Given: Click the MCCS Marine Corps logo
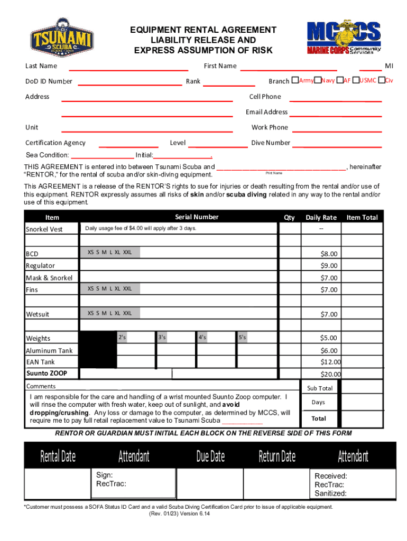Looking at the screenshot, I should [x=344, y=38].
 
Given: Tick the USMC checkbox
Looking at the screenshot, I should [x=356, y=80].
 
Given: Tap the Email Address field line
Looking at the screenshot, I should [x=336, y=116].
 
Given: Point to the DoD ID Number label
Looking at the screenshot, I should [x=49, y=81].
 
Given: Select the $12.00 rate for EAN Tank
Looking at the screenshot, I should [x=330, y=362].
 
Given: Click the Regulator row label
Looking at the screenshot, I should [x=40, y=266].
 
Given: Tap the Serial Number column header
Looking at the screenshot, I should [x=197, y=217].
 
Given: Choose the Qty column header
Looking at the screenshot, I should [x=289, y=218].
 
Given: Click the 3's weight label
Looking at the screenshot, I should [x=162, y=337].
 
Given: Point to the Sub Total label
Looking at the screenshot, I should [x=320, y=388].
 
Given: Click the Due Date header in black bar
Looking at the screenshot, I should [x=210, y=456].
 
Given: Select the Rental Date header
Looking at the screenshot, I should [x=58, y=456].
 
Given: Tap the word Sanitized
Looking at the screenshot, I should [x=330, y=493].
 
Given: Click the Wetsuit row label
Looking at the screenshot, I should [x=38, y=314].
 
